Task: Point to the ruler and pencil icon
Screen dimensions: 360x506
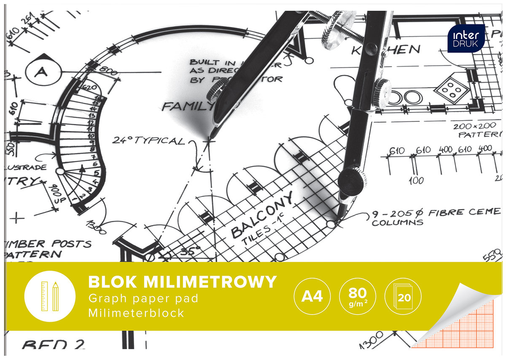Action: click(50, 296)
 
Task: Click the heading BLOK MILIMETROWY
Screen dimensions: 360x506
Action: click(182, 282)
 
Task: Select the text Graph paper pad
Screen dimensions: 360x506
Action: click(143, 299)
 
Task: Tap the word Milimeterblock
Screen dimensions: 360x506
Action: click(136, 313)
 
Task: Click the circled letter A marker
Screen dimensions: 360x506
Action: click(41, 72)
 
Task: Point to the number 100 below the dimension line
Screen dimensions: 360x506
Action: click(416, 181)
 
